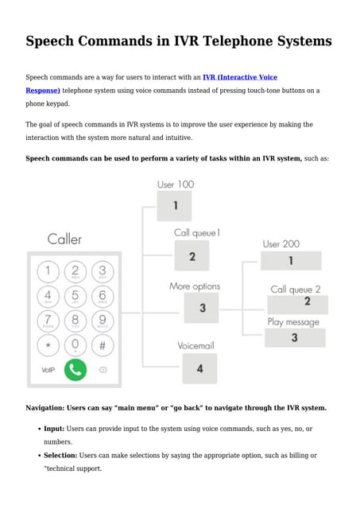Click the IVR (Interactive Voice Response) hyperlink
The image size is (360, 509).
point(240,77)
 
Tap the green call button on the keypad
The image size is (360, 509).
point(75,370)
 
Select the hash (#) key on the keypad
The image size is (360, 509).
point(102,346)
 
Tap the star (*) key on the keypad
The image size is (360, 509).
point(48,346)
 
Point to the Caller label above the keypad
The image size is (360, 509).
point(64,239)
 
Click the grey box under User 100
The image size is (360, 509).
point(174,205)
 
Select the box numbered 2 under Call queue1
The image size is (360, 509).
point(192,256)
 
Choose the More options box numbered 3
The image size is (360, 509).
point(201,308)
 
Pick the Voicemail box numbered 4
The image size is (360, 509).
point(199,368)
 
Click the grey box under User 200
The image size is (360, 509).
point(290,261)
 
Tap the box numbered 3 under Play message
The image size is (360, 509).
point(294,337)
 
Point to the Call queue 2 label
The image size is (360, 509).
point(296,289)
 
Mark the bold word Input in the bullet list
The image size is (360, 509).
point(53,429)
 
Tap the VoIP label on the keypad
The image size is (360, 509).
point(48,370)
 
